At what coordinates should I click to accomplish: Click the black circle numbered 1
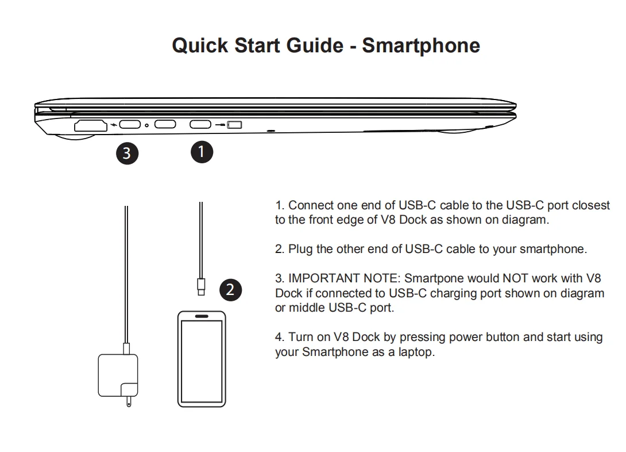pos(202,152)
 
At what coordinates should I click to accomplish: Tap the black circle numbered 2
pos(230,290)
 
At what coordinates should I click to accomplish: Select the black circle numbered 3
pos(127,154)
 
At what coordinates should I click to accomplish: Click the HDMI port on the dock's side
pos(91,125)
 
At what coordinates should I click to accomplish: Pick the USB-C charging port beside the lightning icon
pos(130,124)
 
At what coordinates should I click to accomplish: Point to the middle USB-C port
pos(165,124)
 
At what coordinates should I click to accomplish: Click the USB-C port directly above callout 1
pos(200,124)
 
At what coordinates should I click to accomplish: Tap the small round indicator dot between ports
pos(146,125)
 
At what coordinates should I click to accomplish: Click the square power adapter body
pos(118,376)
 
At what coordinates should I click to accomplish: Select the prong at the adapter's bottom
pos(129,401)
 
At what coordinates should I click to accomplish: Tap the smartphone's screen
pos(202,361)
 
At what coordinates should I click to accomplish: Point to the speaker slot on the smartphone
pos(202,316)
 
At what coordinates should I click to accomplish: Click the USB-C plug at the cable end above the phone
pos(201,286)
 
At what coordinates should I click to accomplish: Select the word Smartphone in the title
pos(421,45)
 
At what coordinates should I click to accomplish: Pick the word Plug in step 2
pos(300,249)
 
